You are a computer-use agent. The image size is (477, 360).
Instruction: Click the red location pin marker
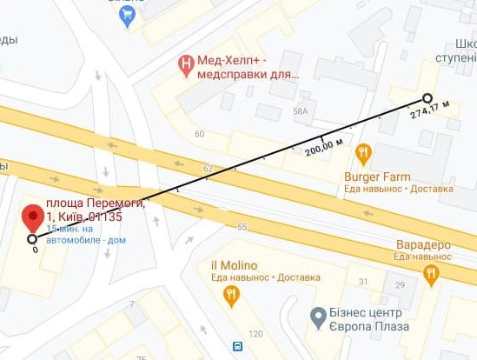(x=33, y=217)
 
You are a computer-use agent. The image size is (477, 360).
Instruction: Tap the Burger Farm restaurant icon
(x=363, y=155)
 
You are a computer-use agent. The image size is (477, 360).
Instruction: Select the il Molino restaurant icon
(x=230, y=297)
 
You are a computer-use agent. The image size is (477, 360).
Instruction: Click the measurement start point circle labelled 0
(x=32, y=239)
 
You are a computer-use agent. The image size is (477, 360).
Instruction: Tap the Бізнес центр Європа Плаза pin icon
(x=319, y=314)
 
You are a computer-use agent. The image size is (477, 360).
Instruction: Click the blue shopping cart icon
(x=129, y=16)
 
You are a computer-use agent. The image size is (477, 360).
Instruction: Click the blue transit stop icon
(x=237, y=346)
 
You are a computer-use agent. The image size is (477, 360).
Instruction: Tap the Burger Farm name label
(x=383, y=175)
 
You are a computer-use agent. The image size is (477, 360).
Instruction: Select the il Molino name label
(x=233, y=265)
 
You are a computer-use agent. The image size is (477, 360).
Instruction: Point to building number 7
(x=132, y=304)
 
